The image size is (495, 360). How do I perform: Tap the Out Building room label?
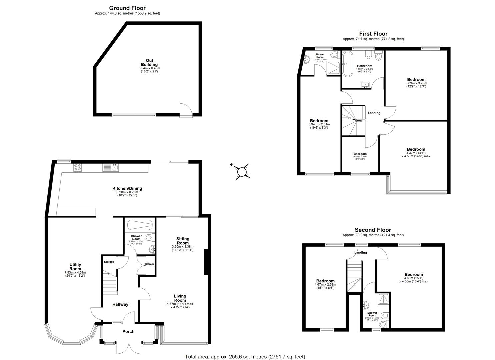pyautogui.click(x=149, y=63)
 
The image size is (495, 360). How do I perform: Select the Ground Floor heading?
pyautogui.click(x=127, y=8)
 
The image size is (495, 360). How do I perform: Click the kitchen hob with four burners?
pyautogui.click(x=78, y=167)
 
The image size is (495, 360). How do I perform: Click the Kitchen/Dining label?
pyautogui.click(x=125, y=189)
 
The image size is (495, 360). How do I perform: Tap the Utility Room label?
pyautogui.click(x=75, y=267)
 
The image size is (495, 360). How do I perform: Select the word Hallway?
pyautogui.click(x=120, y=304)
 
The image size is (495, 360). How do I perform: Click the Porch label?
pyautogui.click(x=128, y=331)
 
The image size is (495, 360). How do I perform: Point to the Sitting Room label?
pyautogui.click(x=183, y=241)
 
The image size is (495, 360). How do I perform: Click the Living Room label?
pyautogui.click(x=180, y=298)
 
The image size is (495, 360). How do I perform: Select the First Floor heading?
pyautogui.click(x=373, y=34)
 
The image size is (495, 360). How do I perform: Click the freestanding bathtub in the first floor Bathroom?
pyautogui.click(x=346, y=59)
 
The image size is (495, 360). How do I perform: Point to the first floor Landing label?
pyautogui.click(x=374, y=113)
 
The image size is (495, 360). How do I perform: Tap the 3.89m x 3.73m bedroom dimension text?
pyautogui.click(x=416, y=83)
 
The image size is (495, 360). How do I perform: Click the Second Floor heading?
pyautogui.click(x=373, y=230)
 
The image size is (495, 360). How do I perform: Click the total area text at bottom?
pyautogui.click(x=245, y=357)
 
